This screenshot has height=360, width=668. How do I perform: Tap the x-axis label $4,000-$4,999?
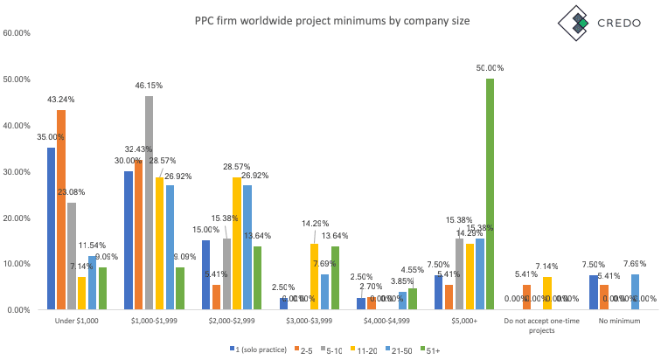pyautogui.click(x=387, y=322)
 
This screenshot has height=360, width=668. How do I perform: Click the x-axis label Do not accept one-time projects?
pyautogui.click(x=541, y=326)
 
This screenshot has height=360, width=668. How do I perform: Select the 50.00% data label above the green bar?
pyautogui.click(x=490, y=68)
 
